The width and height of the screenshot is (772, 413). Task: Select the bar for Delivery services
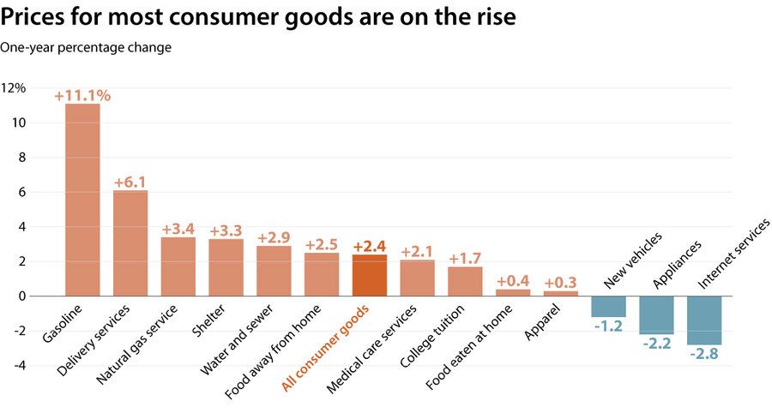pos(130,243)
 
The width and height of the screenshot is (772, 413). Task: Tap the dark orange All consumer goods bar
pos(370,275)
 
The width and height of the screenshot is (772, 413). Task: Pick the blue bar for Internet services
pos(704,320)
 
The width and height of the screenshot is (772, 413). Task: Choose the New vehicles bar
pos(608,306)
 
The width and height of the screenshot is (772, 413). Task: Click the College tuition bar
pos(465,281)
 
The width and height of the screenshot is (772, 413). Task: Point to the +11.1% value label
pos(82,96)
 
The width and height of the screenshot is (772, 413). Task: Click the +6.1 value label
pos(130,183)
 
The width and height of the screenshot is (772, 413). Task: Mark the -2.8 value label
pos(704,352)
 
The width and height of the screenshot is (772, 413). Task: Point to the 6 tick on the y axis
pos(22,192)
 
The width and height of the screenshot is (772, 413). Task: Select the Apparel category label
pos(543,320)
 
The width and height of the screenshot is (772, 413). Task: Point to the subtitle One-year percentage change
pos(86,47)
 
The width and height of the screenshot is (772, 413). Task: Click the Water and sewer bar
pos(274,271)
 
